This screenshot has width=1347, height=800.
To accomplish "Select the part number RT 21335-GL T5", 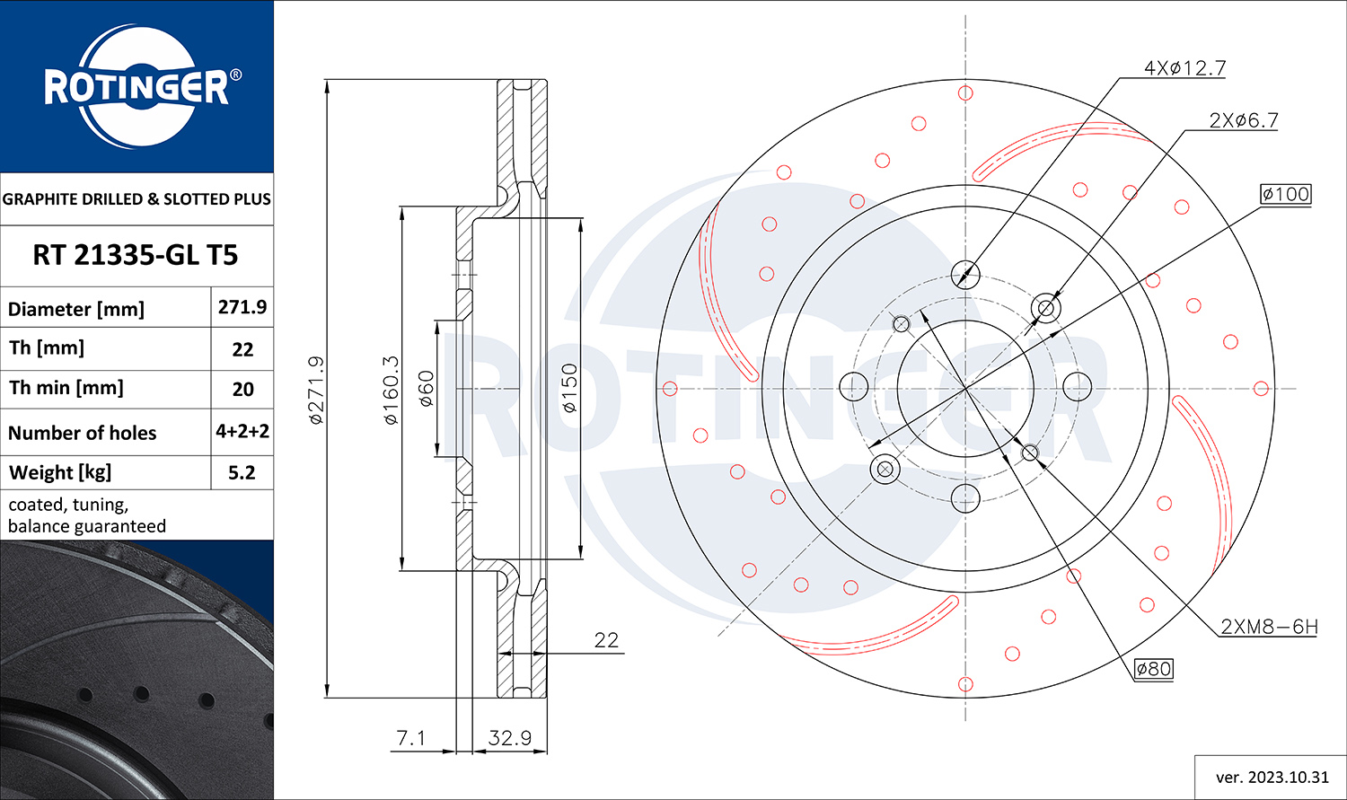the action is coord(136,256).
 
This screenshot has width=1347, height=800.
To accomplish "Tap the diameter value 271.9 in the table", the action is coord(242,307).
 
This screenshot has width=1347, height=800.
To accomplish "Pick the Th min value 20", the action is coord(242,390).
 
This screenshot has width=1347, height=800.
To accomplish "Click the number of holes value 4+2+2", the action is coord(242,431).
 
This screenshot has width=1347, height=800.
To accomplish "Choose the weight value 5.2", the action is coord(242,472).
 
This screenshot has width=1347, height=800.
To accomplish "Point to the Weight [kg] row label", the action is coord(60,472).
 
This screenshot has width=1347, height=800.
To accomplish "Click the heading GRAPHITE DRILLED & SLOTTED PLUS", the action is coord(136,199).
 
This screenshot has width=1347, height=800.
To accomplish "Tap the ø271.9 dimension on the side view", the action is coord(316,390).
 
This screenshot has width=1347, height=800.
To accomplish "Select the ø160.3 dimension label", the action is coord(391,390).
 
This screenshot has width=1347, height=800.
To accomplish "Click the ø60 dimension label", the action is coord(426,389).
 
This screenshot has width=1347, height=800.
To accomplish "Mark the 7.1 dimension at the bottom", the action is coord(410,737).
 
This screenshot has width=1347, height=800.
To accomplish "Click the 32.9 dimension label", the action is coord(510,737).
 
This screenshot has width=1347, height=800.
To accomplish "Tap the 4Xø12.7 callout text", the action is coord(1184,68).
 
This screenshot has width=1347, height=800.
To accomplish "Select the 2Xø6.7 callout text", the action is coord(1244,120).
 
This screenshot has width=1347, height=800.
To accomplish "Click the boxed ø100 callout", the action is coord(1286,194).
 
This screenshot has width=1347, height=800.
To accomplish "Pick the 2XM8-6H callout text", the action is coord(1269,627).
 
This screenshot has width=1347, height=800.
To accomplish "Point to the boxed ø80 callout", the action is coord(1153,669).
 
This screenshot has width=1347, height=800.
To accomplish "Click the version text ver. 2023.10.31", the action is coord(1272,778).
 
